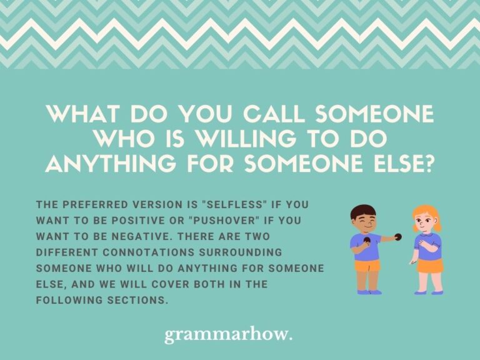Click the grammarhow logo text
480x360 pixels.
click(228, 336)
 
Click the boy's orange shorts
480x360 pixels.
click(368, 265)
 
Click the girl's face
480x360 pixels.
click(425, 222)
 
